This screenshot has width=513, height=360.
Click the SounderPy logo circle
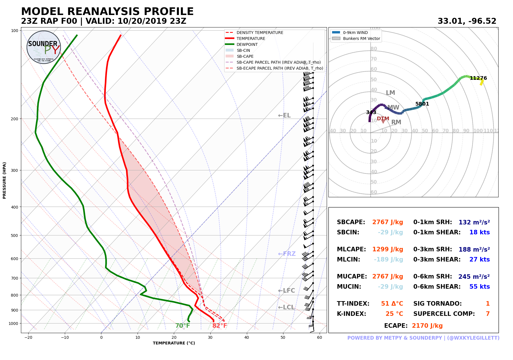click(x=44, y=47)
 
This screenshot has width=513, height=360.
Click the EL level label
click(x=284, y=115)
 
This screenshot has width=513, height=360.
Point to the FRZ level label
click(x=287, y=254)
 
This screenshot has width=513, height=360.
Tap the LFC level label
click(x=287, y=291)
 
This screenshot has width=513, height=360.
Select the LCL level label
click(x=286, y=307)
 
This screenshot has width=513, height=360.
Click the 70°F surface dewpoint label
click(x=183, y=326)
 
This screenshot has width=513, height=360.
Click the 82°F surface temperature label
click(x=220, y=326)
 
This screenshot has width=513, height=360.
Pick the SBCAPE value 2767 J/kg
click(x=388, y=222)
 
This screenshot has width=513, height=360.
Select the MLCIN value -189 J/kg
click(x=388, y=260)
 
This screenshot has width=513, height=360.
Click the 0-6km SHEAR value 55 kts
click(x=479, y=287)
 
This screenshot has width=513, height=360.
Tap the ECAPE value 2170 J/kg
click(x=427, y=326)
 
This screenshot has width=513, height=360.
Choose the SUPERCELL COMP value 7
click(x=488, y=314)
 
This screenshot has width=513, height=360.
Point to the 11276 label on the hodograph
click(x=478, y=78)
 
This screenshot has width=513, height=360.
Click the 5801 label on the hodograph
click(x=422, y=104)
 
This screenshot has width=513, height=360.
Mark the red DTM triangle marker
click(x=383, y=121)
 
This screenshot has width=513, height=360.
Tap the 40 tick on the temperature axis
click(x=247, y=337)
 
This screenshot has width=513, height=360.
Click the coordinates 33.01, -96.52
click(x=467, y=21)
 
